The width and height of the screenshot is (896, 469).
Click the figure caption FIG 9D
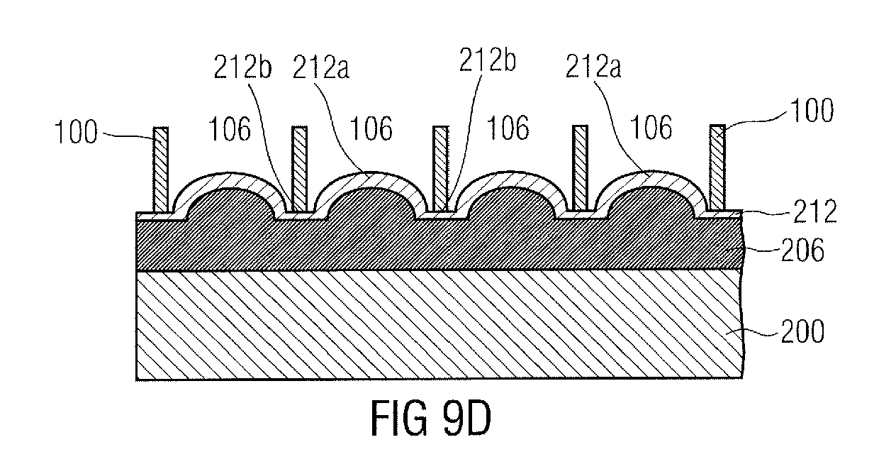click(431, 418)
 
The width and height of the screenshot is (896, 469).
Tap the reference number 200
click(802, 331)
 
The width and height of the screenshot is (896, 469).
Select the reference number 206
click(802, 250)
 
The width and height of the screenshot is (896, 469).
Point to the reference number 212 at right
click(814, 211)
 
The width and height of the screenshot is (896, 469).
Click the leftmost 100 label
click(76, 132)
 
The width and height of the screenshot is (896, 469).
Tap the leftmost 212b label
click(242, 67)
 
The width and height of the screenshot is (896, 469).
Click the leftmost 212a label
click(321, 67)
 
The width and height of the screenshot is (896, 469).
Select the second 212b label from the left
click(487, 60)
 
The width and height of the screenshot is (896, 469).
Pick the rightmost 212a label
click(593, 66)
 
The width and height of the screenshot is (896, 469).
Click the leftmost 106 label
click(230, 129)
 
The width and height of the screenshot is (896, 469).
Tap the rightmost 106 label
click(651, 128)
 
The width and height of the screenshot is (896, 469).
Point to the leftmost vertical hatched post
click(161, 170)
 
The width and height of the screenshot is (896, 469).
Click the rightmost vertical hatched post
click(717, 168)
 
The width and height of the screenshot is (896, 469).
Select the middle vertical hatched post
click(441, 169)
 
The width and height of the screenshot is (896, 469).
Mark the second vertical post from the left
click(300, 169)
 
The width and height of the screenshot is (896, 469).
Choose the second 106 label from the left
click(371, 128)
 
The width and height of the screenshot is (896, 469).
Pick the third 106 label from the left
click(508, 128)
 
